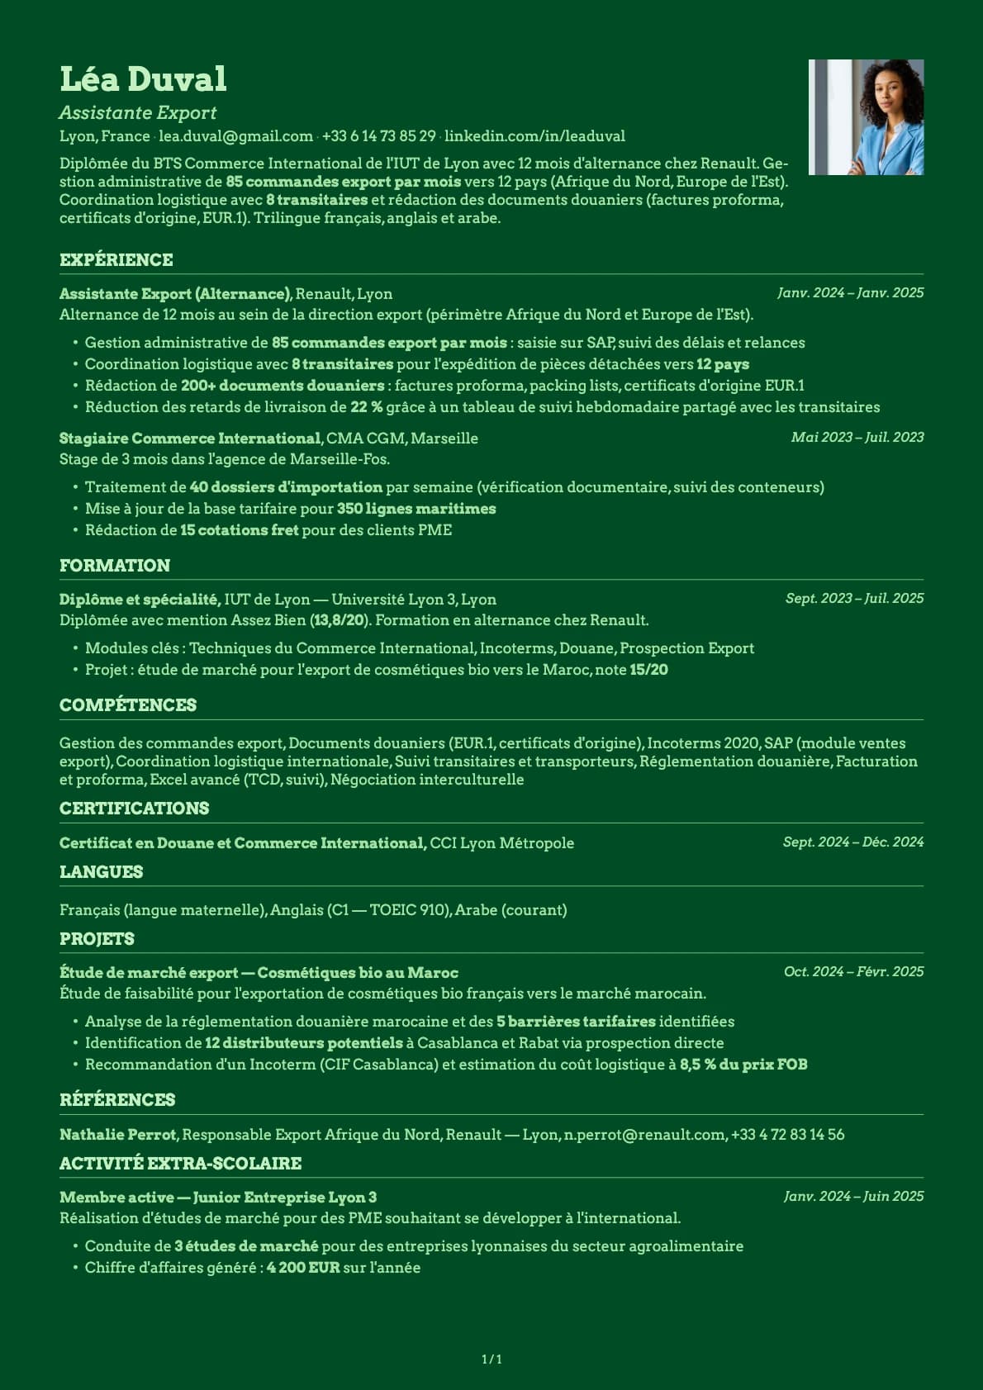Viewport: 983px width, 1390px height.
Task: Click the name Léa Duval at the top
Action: [143, 79]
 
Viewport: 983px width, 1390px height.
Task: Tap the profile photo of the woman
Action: [866, 117]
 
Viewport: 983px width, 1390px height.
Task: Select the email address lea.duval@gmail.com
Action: [235, 136]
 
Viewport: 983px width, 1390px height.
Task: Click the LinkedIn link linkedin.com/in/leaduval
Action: [534, 136]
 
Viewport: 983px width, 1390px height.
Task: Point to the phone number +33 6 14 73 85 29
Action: [378, 136]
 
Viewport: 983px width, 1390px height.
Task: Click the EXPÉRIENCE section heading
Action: [116, 260]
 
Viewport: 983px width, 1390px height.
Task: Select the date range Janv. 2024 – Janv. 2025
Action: [850, 293]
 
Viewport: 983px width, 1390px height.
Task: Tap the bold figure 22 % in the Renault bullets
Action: [366, 407]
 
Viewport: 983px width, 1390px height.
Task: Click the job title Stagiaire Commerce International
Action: [190, 439]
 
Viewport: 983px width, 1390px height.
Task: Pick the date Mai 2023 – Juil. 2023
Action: [857, 438]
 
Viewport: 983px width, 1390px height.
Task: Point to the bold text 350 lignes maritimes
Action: [416, 509]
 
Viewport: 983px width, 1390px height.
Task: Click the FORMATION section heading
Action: [115, 566]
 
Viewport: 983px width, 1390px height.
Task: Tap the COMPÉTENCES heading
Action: [128, 705]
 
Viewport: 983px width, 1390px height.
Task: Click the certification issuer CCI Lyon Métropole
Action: [501, 843]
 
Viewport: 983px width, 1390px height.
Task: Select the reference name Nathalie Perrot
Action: [118, 1135]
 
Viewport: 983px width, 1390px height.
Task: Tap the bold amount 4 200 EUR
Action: [303, 1268]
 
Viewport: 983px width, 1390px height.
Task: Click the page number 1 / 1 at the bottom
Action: [491, 1359]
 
